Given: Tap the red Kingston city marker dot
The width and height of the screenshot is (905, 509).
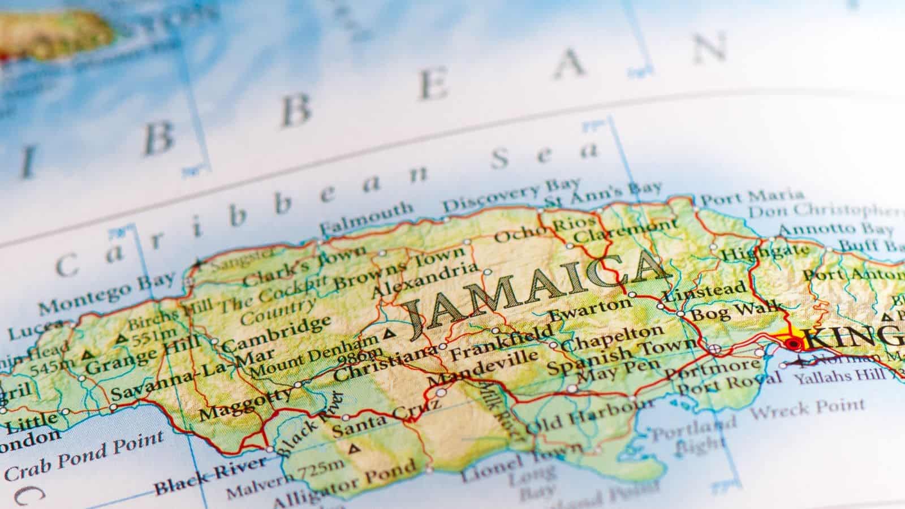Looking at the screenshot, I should tap(794, 343).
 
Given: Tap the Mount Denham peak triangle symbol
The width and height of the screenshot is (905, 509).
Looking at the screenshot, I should tap(389, 334).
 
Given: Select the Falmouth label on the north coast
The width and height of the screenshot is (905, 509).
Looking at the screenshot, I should tap(367, 218).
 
